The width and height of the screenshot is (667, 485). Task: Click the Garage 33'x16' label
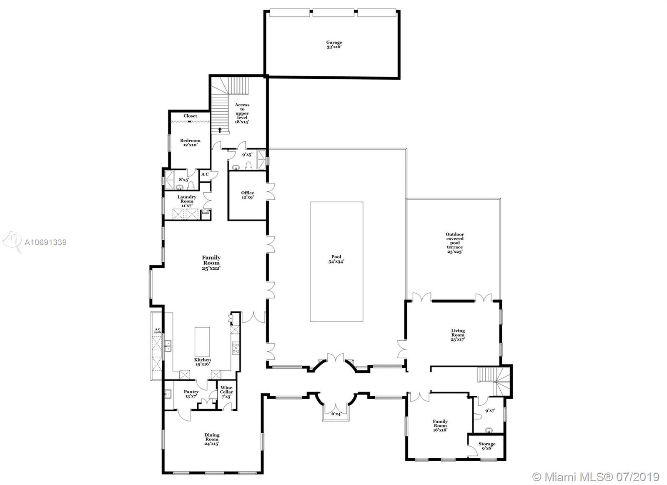tap(334, 45)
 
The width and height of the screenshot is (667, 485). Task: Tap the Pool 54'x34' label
tap(336, 259)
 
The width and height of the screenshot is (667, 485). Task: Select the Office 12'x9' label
tap(247, 195)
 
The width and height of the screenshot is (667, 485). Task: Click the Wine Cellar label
tap(226, 392)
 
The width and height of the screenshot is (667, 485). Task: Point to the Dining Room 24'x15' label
tap(212, 439)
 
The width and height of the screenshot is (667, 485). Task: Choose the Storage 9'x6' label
tap(486, 446)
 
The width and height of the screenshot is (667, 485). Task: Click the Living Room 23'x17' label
tap(458, 335)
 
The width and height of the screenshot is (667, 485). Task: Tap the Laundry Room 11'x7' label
tap(187, 201)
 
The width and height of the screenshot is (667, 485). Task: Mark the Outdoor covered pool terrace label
tap(454, 243)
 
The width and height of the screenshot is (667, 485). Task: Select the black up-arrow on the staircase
tap(220, 130)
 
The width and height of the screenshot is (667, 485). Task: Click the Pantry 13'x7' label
tap(191, 394)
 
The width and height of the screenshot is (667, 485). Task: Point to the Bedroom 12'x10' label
tap(190, 143)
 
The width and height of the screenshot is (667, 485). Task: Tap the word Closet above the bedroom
tap(190, 116)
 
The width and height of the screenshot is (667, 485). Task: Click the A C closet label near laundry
tap(205, 174)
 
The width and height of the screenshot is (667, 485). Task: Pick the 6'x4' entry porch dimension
tap(336, 414)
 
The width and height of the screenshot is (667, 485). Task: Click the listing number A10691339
tap(45, 242)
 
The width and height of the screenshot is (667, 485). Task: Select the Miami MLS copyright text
tap(596, 476)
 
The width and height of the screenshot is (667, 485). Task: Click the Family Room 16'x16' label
tap(440, 425)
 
